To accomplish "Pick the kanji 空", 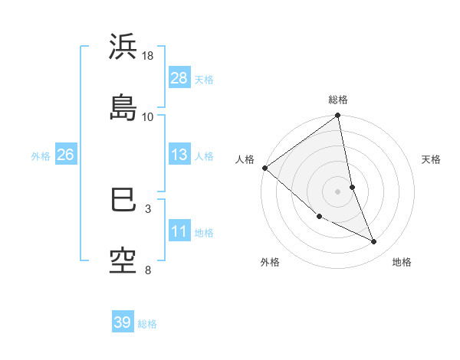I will [123, 260].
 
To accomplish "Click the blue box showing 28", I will [179, 78].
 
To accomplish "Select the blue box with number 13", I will [179, 155].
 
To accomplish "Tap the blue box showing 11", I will [179, 231].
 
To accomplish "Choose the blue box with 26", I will [65, 155].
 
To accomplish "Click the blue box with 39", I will [123, 322].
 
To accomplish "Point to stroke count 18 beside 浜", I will [148, 56].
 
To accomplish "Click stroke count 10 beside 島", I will [148, 116].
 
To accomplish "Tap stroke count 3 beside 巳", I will [148, 208].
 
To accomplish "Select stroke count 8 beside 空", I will [148, 270].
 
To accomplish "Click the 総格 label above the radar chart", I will [338, 100].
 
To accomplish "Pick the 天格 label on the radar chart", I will [432, 159].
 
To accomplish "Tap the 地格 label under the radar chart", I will [402, 262].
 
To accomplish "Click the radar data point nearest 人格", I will [264, 168].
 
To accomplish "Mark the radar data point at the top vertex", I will [338, 116].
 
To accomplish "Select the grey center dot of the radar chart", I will [338, 191].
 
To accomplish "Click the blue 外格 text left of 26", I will [41, 155].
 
